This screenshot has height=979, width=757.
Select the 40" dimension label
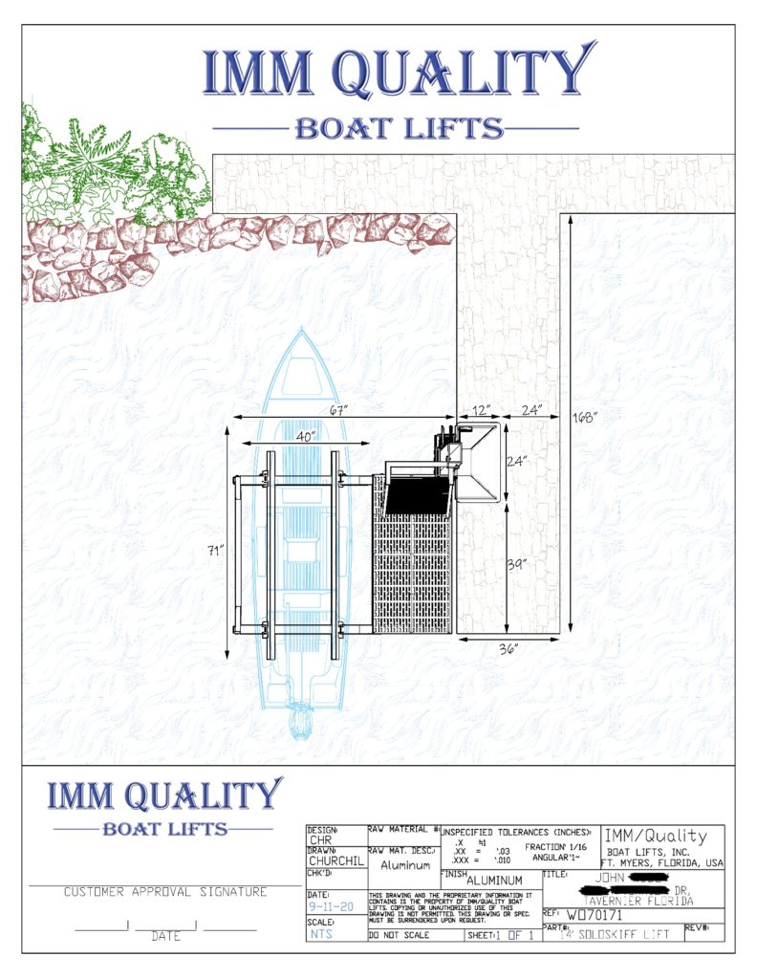coord(306,435)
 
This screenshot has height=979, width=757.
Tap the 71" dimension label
coord(217,551)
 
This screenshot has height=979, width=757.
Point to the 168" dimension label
coord(586,418)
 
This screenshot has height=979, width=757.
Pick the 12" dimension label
coord(481,410)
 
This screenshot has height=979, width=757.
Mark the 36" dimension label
coord(508,649)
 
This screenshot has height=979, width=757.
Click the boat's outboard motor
coord(302,720)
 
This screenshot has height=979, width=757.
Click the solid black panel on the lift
coord(416,496)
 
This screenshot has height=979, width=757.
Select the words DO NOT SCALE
coord(399,934)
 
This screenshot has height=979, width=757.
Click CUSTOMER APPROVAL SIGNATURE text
coord(165,892)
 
